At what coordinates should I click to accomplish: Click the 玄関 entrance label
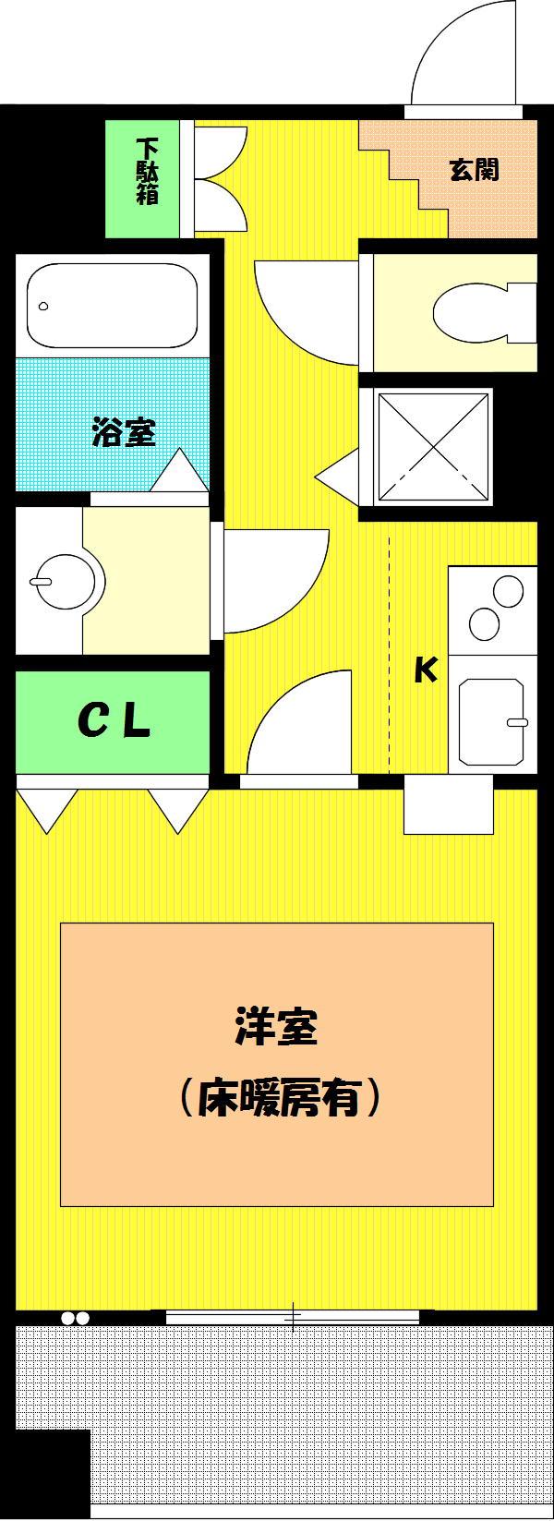475,169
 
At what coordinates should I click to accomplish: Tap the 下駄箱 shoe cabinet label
148,171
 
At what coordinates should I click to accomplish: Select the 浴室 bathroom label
124,432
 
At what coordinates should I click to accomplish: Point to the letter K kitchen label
426,670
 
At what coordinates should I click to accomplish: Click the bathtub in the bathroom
112,307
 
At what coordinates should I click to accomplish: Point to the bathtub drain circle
44,306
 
